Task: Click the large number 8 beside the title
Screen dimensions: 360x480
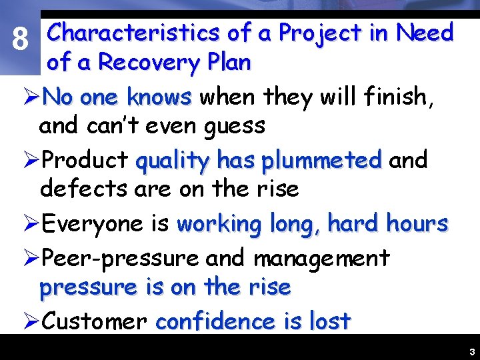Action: (21, 41)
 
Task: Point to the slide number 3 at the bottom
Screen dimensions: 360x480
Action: (471, 351)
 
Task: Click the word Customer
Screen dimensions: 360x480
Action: (94, 321)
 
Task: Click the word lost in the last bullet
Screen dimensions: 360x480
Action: (330, 321)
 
